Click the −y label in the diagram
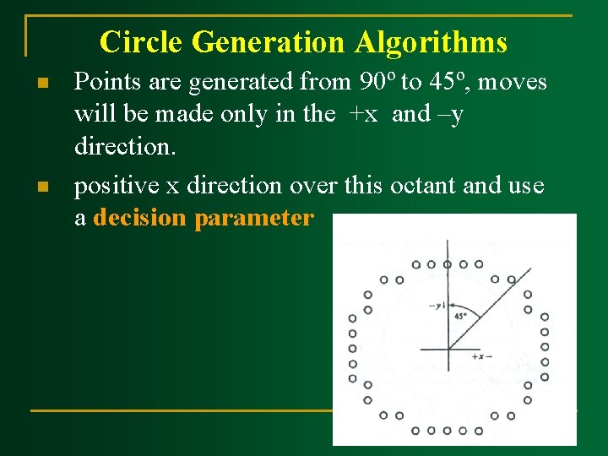(437, 305)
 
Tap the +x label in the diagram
(481, 356)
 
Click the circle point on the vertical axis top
(448, 264)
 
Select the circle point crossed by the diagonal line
(511, 280)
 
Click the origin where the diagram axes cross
(448, 348)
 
